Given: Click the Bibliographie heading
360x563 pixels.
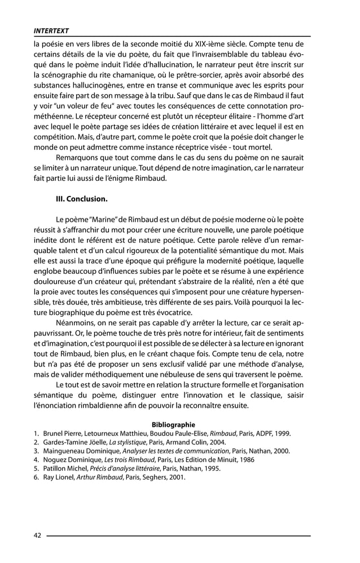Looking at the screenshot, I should (173, 425).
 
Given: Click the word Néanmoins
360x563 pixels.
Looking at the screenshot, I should (77, 324).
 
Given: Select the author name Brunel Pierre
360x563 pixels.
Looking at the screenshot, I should (62, 434).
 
